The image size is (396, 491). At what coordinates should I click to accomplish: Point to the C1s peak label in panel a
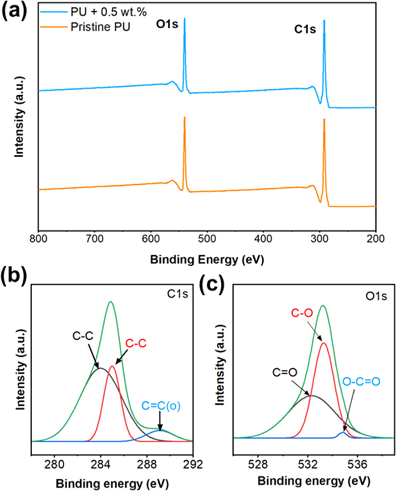tap(305, 29)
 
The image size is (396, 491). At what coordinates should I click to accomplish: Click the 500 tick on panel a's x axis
tap(207, 238)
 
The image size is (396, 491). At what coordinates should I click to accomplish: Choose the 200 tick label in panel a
tap(375, 238)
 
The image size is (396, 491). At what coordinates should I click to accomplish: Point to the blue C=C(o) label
tap(161, 406)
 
